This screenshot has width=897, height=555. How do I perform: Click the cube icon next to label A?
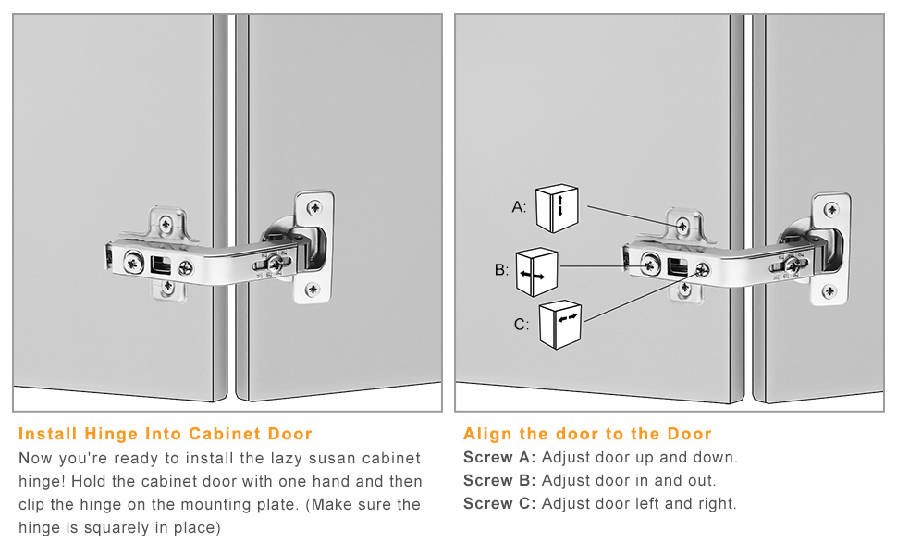[x=557, y=208]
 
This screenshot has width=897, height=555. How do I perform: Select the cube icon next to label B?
[x=536, y=272]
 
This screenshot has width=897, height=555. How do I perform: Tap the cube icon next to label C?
[x=560, y=325]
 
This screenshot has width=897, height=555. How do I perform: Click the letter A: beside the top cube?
[x=519, y=207]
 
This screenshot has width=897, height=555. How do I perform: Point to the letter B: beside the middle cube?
[x=502, y=269]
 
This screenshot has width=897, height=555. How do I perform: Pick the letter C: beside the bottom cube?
[x=522, y=325]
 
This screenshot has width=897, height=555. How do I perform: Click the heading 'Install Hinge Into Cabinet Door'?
[x=166, y=434]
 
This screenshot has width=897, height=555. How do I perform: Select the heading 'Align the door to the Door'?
[x=587, y=434]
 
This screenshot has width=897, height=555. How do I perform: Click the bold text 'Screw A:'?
[x=499, y=457]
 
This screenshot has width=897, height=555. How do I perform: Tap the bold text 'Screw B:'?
[x=499, y=480]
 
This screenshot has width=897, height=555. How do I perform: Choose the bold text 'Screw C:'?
[x=499, y=503]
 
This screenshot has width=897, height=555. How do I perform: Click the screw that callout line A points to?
[x=682, y=226]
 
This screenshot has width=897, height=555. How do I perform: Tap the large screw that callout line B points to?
[x=650, y=265]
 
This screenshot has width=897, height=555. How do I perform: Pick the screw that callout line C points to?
[x=702, y=269]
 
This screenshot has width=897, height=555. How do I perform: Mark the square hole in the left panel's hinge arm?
[x=161, y=265]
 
